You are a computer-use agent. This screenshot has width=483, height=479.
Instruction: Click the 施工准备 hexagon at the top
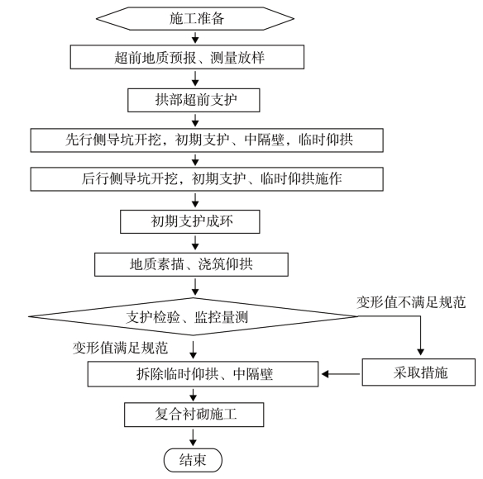[195, 18]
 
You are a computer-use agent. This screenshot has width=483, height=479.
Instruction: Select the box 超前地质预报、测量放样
[187, 57]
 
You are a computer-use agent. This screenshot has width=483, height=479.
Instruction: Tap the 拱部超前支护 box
[194, 100]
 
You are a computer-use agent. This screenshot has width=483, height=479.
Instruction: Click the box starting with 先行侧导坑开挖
[207, 140]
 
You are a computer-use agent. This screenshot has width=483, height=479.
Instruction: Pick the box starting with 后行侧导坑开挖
[207, 179]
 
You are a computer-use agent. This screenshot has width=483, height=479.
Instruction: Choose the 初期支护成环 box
[189, 221]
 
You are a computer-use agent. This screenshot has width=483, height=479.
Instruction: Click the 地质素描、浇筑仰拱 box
[191, 264]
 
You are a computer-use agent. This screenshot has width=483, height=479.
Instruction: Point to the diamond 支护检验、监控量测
[194, 316]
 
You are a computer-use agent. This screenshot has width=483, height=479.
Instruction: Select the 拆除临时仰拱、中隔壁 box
[203, 374]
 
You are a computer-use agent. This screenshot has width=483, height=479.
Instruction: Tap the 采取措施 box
[418, 372]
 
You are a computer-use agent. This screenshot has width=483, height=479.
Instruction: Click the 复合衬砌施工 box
[194, 415]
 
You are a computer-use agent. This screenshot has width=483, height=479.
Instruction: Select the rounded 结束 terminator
[193, 460]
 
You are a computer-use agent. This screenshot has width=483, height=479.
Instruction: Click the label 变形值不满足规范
[411, 302]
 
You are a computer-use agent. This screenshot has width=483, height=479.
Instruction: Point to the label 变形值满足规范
[120, 348]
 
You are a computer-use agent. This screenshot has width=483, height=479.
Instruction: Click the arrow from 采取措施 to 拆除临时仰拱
[341, 374]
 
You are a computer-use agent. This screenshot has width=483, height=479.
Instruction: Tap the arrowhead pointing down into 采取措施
[420, 353]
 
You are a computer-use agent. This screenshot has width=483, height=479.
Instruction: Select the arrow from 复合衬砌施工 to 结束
[194, 438]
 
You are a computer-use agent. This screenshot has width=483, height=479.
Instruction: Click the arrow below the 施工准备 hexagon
[195, 37]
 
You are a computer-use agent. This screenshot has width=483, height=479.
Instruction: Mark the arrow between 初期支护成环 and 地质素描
[195, 243]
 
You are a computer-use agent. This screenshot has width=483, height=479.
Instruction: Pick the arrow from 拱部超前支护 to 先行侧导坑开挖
[195, 121]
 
